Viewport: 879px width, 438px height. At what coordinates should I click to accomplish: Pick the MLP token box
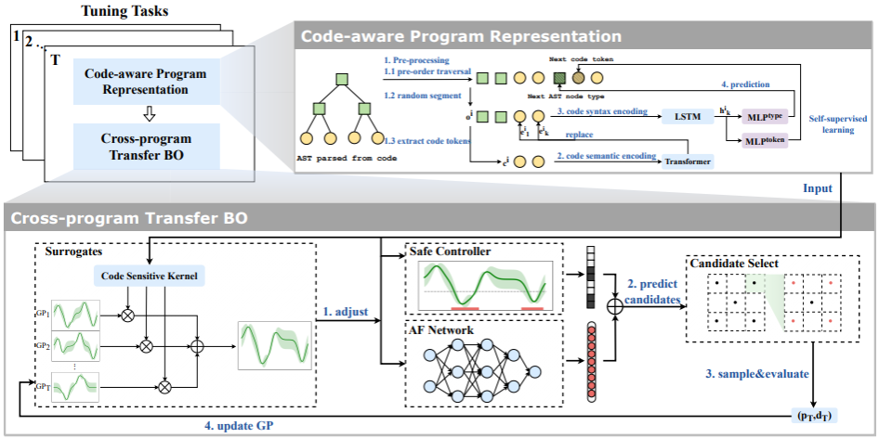(764, 141)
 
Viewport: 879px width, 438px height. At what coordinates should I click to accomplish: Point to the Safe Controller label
(452, 251)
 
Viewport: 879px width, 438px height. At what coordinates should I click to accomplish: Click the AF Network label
(444, 329)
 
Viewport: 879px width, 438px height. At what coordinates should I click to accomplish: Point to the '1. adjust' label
(345, 310)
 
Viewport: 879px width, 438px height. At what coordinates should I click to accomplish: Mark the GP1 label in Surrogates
(42, 314)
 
